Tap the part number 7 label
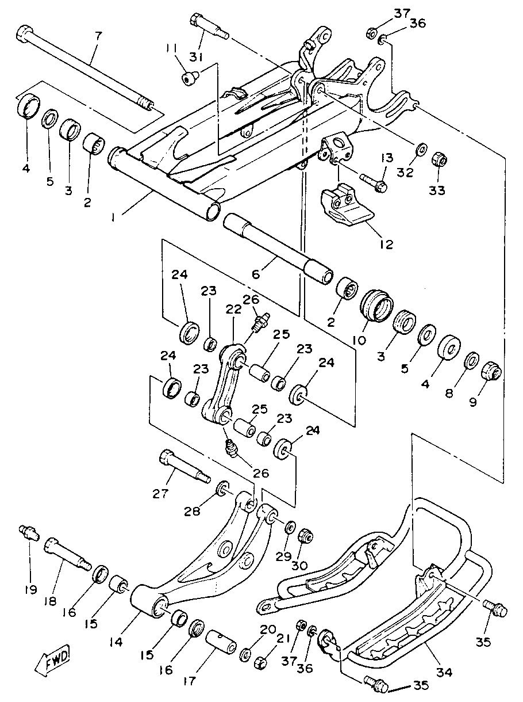(x=98, y=37)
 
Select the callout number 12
(x=386, y=245)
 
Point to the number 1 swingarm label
(x=113, y=218)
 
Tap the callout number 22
(x=234, y=310)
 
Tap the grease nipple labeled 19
(x=29, y=532)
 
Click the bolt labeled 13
(x=374, y=181)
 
